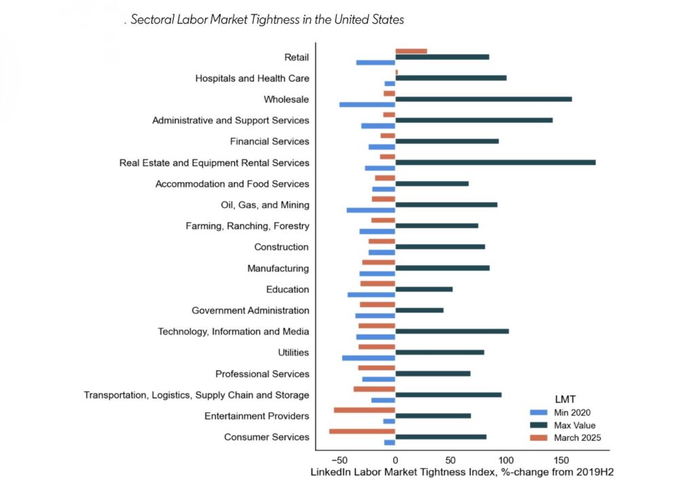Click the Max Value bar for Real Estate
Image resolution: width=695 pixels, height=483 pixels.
point(495,162)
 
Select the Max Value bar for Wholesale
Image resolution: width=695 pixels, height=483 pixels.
point(483,99)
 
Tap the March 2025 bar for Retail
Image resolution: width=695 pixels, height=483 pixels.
point(411,51)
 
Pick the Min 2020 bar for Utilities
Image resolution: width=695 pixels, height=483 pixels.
point(369,358)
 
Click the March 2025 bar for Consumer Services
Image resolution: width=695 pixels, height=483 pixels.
point(362,431)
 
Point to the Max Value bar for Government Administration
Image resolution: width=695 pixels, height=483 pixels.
point(419,310)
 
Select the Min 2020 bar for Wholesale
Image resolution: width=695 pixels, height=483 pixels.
point(367,104)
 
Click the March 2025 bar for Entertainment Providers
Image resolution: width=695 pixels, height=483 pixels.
point(364,410)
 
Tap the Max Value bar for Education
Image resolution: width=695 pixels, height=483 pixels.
point(424,289)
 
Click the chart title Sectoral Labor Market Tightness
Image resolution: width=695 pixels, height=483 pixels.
point(267,20)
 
